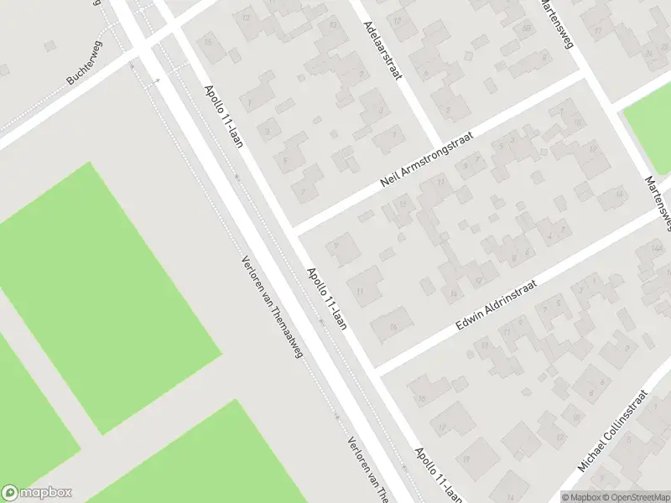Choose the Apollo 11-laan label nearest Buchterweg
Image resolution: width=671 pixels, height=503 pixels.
[x=223, y=116]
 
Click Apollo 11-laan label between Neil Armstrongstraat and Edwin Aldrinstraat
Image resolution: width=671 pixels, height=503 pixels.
[x=326, y=298]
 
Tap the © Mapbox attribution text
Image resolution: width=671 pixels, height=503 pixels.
[x=582, y=496]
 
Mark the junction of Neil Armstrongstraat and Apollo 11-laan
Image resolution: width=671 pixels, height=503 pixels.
[x=290, y=229]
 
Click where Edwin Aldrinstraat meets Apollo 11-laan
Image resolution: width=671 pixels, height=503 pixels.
[x=375, y=369]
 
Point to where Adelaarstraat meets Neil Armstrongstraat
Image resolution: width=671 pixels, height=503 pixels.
[x=438, y=147]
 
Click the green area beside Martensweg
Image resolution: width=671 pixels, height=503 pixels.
[x=650, y=126]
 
